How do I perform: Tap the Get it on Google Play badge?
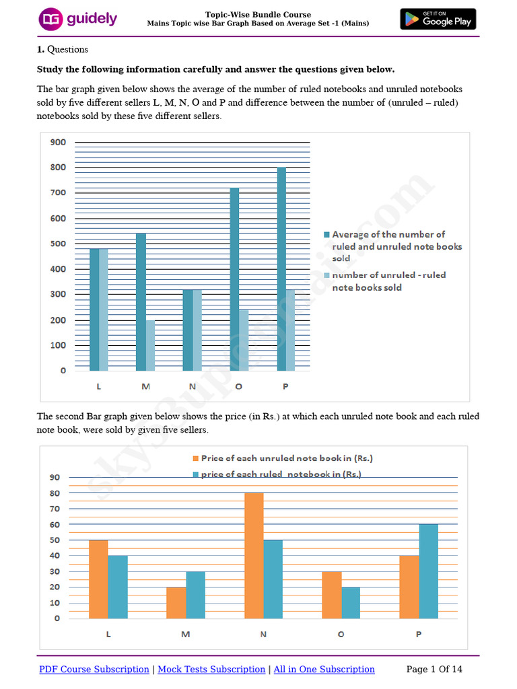tap(438, 19)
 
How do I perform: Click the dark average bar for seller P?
tap(281, 269)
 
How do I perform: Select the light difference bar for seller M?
tap(150, 345)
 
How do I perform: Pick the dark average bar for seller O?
tap(235, 279)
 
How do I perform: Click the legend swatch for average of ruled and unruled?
tap(327, 235)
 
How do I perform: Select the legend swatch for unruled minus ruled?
tap(327, 275)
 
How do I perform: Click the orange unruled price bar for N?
tap(254, 556)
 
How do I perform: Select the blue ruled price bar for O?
tap(351, 602)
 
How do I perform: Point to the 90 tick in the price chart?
tap(55, 478)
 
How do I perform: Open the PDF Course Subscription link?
tap(94, 669)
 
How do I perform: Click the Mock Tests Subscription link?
tap(211, 669)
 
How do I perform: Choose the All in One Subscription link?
tap(324, 669)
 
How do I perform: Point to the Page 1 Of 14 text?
tap(435, 669)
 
